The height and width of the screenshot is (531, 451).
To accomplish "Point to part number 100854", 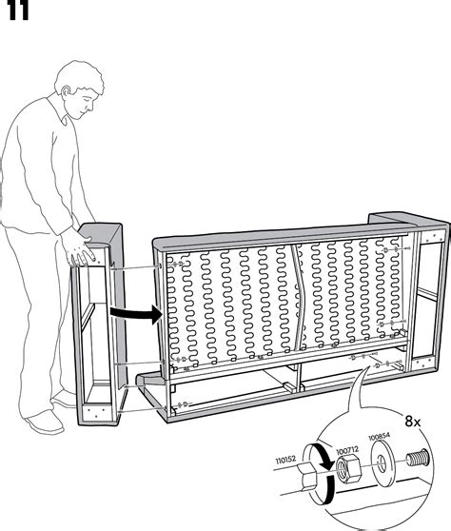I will point(380,437).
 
